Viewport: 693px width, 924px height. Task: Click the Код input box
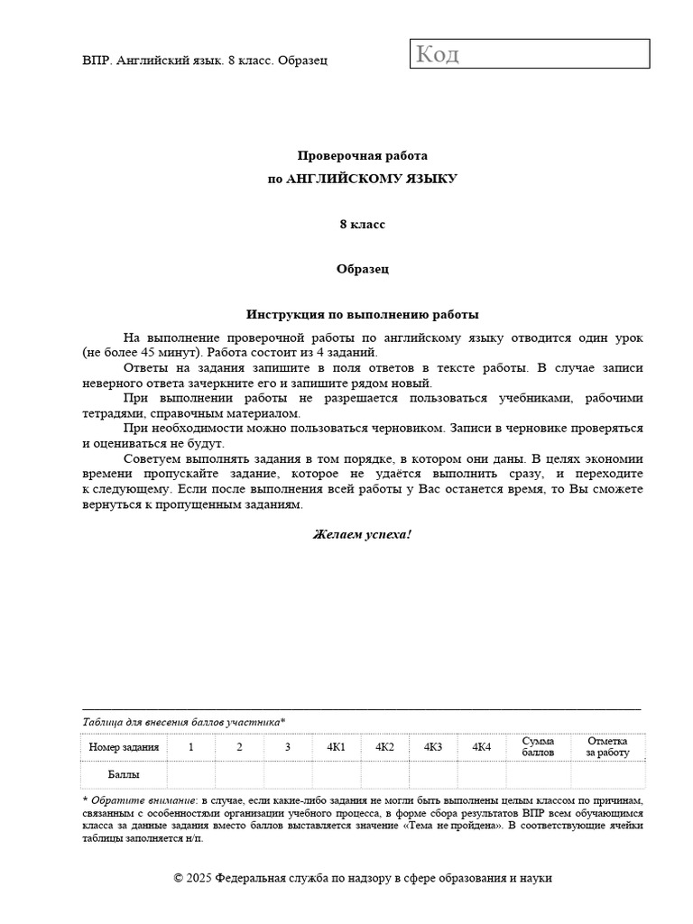pos(531,54)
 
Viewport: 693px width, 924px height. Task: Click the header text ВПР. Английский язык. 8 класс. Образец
pos(205,60)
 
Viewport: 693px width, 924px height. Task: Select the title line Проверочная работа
pos(362,155)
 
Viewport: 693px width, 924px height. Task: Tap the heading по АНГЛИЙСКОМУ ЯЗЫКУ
pos(362,179)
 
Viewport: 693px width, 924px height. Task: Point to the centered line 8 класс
pos(362,224)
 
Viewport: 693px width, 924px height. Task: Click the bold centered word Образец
pos(362,269)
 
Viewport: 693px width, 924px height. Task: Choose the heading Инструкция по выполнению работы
pos(362,315)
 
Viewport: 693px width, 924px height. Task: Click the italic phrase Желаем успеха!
pos(362,534)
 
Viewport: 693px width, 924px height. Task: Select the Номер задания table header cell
pos(124,747)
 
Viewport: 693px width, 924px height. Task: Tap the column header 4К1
pos(337,747)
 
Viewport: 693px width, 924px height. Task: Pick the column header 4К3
pos(433,747)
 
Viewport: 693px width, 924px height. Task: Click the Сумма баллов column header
pos(538,747)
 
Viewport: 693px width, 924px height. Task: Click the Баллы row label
pos(124,774)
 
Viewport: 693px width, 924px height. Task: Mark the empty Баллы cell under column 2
pos(239,774)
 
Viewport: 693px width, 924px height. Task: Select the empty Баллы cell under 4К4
pos(481,774)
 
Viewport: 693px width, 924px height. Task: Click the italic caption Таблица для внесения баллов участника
pos(183,722)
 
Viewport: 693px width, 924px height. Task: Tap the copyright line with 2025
pos(362,878)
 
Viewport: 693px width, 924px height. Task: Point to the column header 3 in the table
pos(288,747)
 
